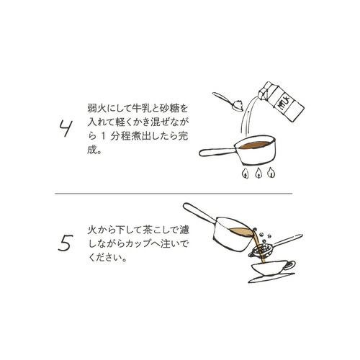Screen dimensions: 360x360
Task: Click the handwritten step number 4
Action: (66, 128)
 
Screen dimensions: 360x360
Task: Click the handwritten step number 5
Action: (66, 243)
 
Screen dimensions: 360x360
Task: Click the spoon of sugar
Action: (229, 102)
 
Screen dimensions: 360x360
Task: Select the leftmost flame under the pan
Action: (246, 173)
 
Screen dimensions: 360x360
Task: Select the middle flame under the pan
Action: (258, 173)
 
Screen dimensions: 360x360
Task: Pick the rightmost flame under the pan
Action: (271, 173)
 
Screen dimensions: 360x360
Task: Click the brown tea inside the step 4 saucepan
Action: (254, 145)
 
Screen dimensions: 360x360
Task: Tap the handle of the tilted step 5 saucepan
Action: (200, 212)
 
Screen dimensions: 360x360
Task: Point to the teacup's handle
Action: (290, 265)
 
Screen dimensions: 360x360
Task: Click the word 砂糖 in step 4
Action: (170, 109)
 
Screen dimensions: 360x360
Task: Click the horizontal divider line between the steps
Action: (174, 193)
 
